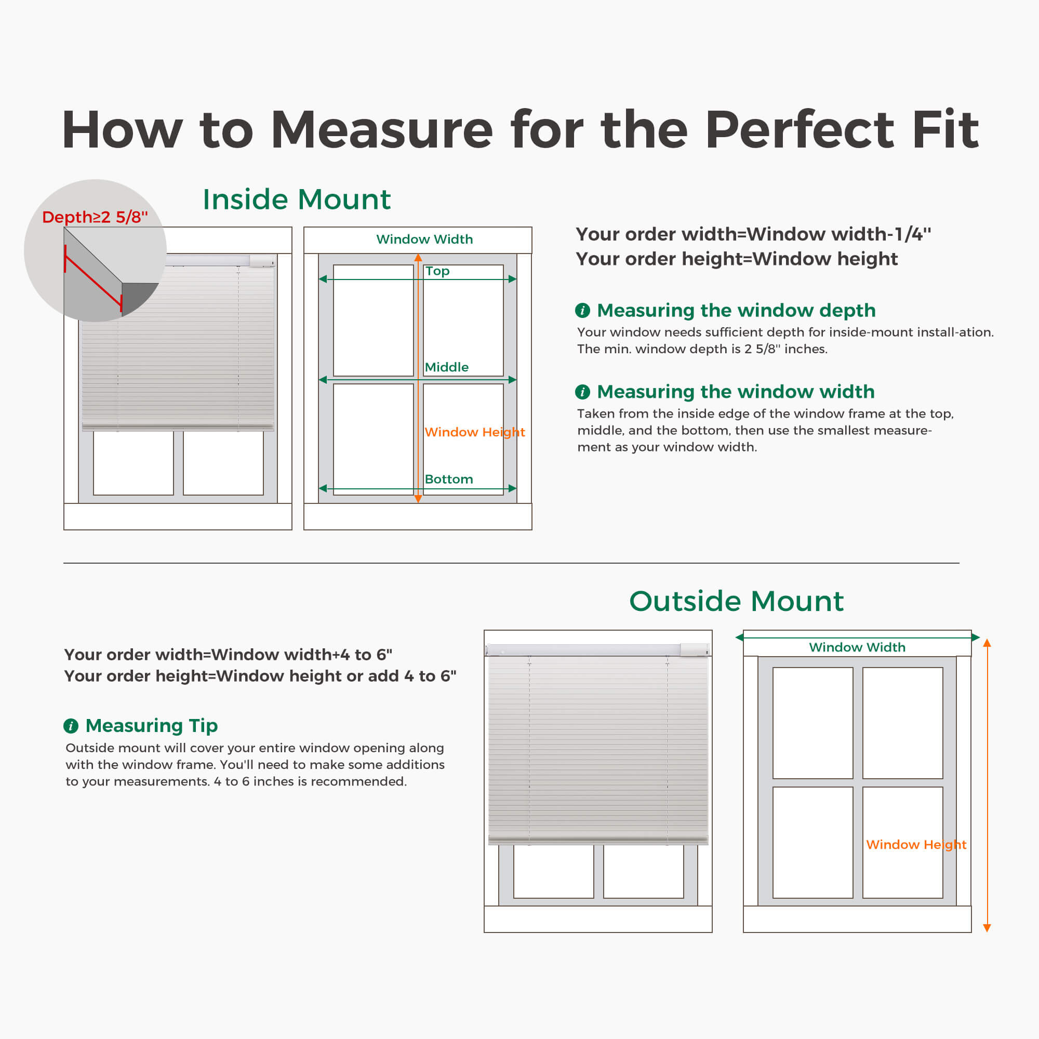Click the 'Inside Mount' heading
coord(296,199)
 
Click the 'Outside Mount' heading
coord(736,601)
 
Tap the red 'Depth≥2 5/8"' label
coord(95,217)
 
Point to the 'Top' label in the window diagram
coord(437,271)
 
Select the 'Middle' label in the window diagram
coord(446,367)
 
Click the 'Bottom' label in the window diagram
coord(448,479)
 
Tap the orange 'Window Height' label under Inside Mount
coord(474,432)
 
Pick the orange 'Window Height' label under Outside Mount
coord(916,844)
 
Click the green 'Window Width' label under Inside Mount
coord(424,239)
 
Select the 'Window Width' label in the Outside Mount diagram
coord(857,647)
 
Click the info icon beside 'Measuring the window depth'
coord(582,310)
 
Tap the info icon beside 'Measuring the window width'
coord(582,392)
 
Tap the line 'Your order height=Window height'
coord(737,259)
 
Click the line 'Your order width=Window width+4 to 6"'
coord(228,655)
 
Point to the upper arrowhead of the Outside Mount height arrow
coord(987,643)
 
